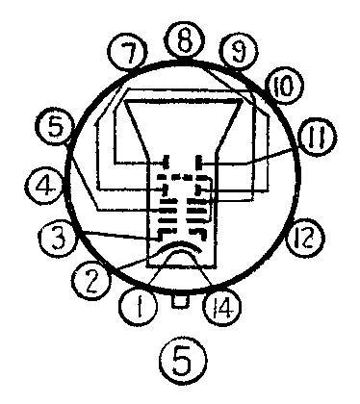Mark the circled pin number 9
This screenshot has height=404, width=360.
pyautogui.click(x=232, y=49)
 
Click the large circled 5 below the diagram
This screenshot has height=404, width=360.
pyautogui.click(x=179, y=365)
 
